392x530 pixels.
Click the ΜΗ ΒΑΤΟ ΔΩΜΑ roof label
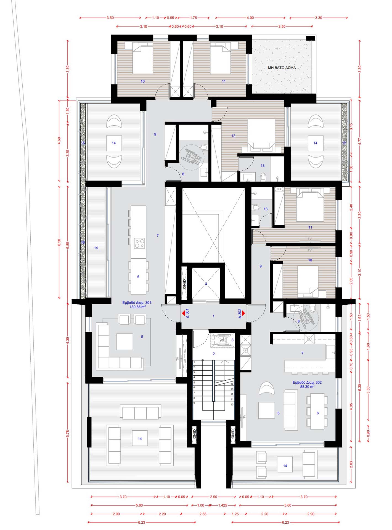(x=282, y=68)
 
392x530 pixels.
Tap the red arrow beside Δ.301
(x=183, y=313)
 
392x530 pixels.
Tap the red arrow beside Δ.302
(x=243, y=313)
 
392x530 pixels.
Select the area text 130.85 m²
(x=137, y=307)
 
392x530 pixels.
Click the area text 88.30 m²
(x=307, y=387)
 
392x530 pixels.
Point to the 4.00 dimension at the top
(x=250, y=18)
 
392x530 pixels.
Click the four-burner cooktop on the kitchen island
(x=139, y=243)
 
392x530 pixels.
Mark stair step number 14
(x=232, y=384)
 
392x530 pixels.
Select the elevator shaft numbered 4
(x=206, y=284)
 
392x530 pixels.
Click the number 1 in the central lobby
(x=213, y=316)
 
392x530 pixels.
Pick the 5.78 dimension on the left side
(x=68, y=433)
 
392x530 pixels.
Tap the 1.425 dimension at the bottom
(x=223, y=505)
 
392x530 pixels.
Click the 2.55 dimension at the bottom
(x=203, y=514)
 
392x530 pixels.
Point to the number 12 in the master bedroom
(x=233, y=136)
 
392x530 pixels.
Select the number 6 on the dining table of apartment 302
(x=317, y=413)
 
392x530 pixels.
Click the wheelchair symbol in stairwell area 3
(x=221, y=340)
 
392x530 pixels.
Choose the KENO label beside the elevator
(x=184, y=283)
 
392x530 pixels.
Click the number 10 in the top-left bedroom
(x=143, y=81)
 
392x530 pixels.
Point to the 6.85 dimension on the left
(x=68, y=245)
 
